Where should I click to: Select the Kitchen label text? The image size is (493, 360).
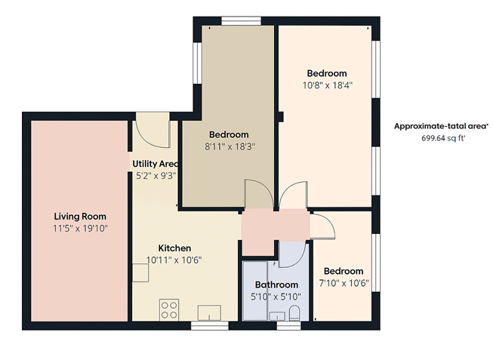coord(174,248)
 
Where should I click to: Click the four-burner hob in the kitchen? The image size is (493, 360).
coord(169,309)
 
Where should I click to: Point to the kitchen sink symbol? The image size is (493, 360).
coord(208,312)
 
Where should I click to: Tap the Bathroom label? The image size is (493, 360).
coord(276,285)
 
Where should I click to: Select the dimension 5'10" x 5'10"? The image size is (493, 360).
coord(276,296)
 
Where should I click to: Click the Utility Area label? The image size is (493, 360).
coord(155,164)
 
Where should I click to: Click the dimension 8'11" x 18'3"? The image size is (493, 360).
coord(229,146)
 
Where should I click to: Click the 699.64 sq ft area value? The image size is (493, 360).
coord(442,138)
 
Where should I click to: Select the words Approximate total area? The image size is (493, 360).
coord(442,126)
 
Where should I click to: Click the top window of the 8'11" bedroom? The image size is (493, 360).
coord(241,20)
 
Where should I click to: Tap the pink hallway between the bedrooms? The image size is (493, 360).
coord(274,226)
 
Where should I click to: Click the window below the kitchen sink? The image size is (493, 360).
coord(205,326)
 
